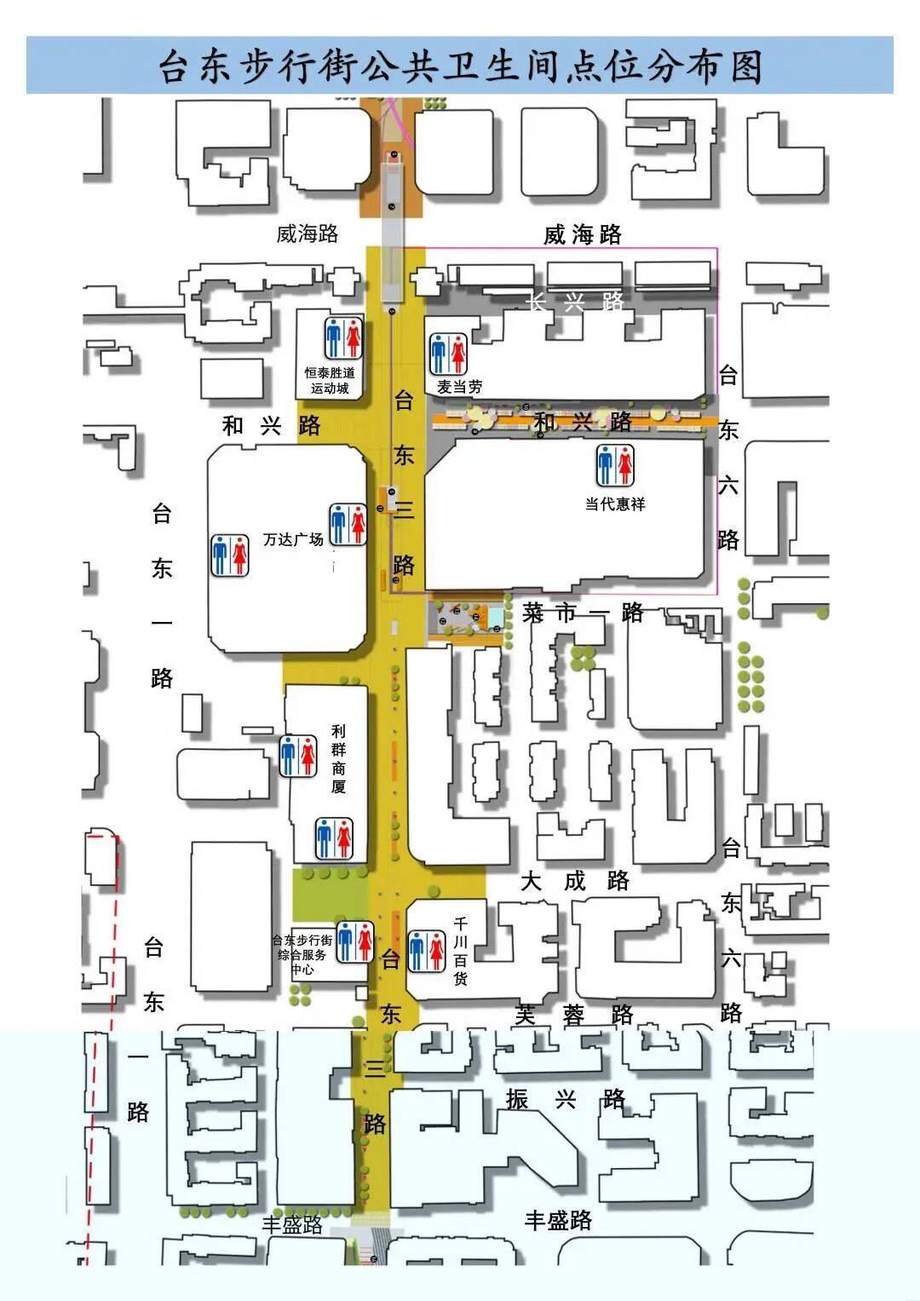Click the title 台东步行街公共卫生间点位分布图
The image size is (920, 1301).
[x=460, y=66]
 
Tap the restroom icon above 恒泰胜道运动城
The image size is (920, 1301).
[x=344, y=337]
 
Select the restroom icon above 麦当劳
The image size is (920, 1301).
[x=448, y=354]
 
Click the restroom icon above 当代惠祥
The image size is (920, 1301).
[x=615, y=465]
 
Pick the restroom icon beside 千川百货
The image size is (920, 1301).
[x=427, y=951]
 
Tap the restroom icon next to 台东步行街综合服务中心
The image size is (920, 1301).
[x=355, y=941]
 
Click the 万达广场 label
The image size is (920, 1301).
[x=293, y=539]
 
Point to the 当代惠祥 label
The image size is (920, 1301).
[x=615, y=504]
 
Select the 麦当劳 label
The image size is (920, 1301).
[x=460, y=387]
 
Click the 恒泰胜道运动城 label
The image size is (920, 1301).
[x=330, y=381]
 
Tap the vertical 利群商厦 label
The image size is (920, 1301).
[x=339, y=758]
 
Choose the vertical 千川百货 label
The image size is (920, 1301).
[x=461, y=951]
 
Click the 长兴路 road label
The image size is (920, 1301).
[x=577, y=301]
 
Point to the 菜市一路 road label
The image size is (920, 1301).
[x=583, y=613]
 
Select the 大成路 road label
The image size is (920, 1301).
[x=575, y=881]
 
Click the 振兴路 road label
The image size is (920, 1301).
[x=566, y=1099]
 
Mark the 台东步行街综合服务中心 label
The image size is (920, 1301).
[x=302, y=955]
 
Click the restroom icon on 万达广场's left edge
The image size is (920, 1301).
[x=230, y=555]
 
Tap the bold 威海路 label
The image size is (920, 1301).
[x=583, y=234]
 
